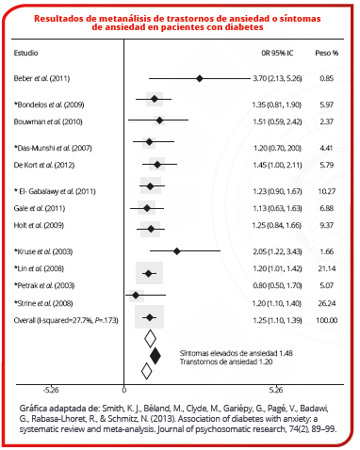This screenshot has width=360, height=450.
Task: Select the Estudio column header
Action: [x=25, y=53]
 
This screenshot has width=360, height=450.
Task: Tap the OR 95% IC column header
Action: [x=277, y=53]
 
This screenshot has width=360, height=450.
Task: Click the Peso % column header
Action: [x=327, y=53]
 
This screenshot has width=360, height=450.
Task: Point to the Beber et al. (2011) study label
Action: [x=41, y=78]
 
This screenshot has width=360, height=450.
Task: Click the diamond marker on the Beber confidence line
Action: [x=199, y=78]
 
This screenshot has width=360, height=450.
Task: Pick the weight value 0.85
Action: [x=327, y=78]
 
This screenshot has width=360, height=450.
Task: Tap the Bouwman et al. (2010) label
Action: [x=48, y=121]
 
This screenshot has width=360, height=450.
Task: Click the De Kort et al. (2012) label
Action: [x=44, y=165]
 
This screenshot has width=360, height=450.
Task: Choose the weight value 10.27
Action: [x=327, y=191]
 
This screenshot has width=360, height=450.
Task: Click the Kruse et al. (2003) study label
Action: [x=43, y=251]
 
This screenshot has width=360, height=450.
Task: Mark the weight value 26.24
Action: [x=327, y=303]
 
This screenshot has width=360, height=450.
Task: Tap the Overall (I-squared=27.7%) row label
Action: [x=66, y=320]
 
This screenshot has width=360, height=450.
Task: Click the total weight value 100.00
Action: [x=327, y=320]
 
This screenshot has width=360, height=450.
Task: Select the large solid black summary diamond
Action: [x=155, y=356]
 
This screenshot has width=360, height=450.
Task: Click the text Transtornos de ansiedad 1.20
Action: [x=226, y=362]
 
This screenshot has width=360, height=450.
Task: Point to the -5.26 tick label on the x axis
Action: [x=51, y=390]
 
